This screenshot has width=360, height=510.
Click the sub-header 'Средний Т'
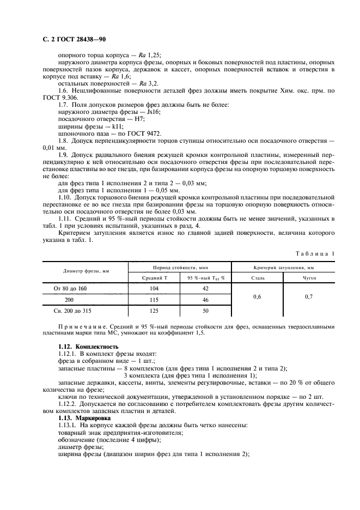click(154, 277)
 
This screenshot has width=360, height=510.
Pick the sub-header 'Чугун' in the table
click(309, 277)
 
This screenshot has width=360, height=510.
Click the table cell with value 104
click(154, 288)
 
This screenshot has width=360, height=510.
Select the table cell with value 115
click(154, 299)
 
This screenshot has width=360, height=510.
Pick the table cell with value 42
click(205, 288)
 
